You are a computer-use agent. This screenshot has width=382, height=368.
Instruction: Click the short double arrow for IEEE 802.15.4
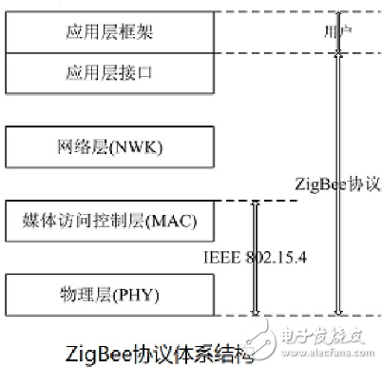point(254,257)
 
